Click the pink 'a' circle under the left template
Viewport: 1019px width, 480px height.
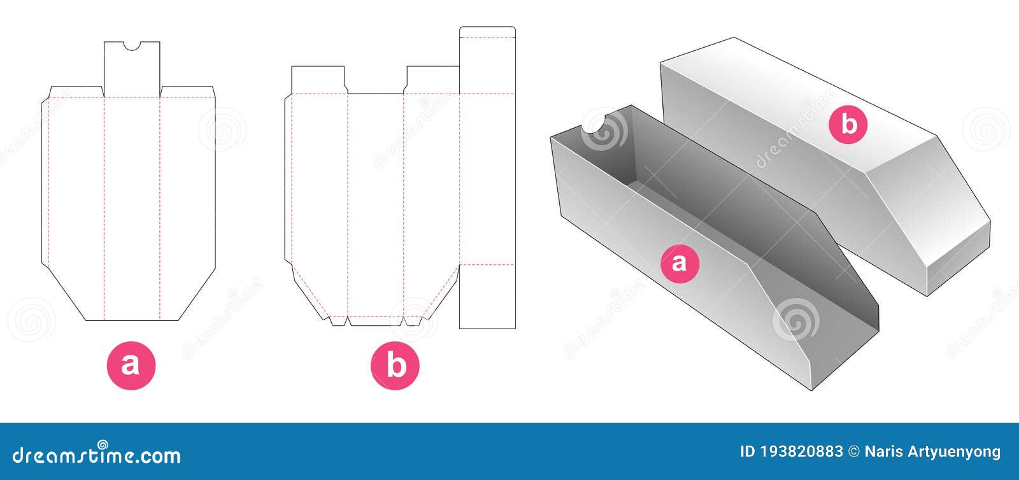[x=131, y=365]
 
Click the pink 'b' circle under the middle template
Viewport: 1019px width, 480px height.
[x=395, y=365]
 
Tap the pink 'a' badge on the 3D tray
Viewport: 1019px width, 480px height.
[x=680, y=262]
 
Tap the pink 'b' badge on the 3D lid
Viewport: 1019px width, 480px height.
[x=848, y=124]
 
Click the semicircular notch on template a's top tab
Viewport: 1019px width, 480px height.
[x=132, y=45]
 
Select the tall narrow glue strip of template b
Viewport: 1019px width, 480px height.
[x=487, y=178]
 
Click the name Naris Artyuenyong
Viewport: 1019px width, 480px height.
[x=932, y=453]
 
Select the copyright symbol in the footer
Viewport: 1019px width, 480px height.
[x=853, y=453]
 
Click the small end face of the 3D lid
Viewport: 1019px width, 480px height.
[x=958, y=261]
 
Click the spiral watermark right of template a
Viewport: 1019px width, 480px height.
[x=222, y=129]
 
